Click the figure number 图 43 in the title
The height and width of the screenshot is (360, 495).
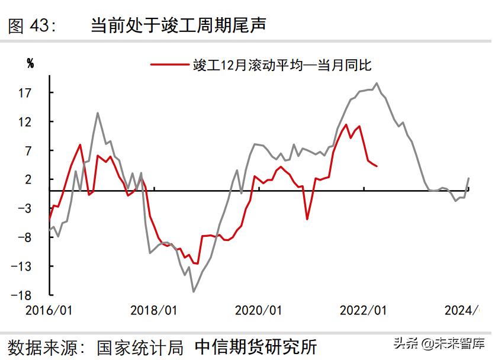click(x=32, y=25)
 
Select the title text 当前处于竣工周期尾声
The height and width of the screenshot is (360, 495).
click(x=178, y=25)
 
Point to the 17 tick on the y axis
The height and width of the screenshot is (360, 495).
click(x=32, y=93)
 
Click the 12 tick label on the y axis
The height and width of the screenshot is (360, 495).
click(x=32, y=122)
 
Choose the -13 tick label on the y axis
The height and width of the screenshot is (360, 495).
click(x=30, y=266)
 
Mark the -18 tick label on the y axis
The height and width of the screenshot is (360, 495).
click(x=30, y=295)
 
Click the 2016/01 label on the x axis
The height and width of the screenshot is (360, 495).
click(x=49, y=310)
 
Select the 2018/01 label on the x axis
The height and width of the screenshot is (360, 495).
click(x=153, y=310)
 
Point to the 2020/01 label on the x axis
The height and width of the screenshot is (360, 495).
click(x=258, y=310)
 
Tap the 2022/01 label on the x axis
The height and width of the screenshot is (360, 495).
click(x=362, y=310)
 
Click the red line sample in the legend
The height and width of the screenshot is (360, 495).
click(x=169, y=65)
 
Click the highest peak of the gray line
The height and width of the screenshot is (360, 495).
click(x=377, y=83)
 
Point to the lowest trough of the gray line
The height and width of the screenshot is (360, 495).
click(x=193, y=291)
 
